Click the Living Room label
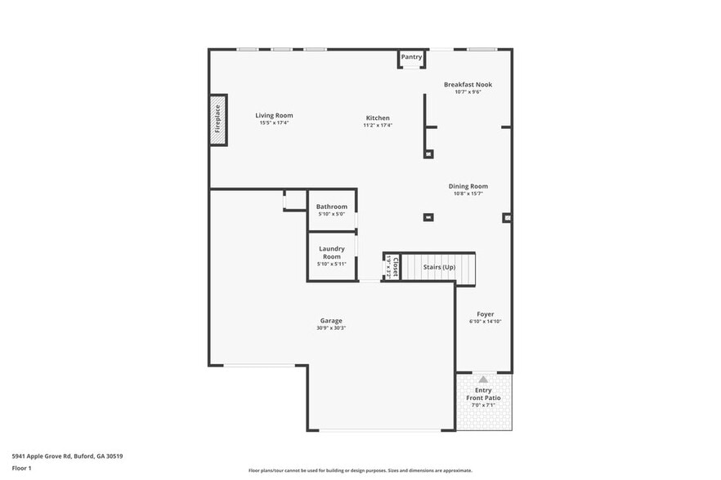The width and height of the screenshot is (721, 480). pyautogui.click(x=274, y=115)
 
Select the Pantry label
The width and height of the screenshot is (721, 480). pyautogui.click(x=412, y=57)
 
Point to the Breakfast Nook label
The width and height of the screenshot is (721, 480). pyautogui.click(x=468, y=84)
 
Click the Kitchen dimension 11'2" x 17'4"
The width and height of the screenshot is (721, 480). pyautogui.click(x=378, y=126)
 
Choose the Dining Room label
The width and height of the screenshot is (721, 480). pyautogui.click(x=468, y=186)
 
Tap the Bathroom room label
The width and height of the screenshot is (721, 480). pyautogui.click(x=331, y=207)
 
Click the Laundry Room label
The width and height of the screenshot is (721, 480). pyautogui.click(x=331, y=252)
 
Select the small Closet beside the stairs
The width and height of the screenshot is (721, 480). pyautogui.click(x=392, y=267)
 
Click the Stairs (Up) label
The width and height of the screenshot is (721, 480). pyautogui.click(x=439, y=267)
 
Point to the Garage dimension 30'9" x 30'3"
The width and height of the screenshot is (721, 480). pyautogui.click(x=331, y=328)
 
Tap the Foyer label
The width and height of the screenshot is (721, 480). pyautogui.click(x=485, y=313)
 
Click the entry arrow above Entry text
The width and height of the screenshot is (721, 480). pyautogui.click(x=483, y=379)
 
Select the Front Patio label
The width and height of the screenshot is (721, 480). pyautogui.click(x=483, y=398)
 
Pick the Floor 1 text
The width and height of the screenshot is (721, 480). pyautogui.click(x=21, y=468)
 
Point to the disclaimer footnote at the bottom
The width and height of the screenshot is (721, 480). pyautogui.click(x=360, y=470)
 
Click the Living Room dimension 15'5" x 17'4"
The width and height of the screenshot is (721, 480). pyautogui.click(x=274, y=122)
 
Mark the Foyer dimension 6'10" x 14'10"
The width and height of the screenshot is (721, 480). pyautogui.click(x=485, y=322)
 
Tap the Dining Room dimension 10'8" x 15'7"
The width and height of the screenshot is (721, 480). pyautogui.click(x=468, y=193)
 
